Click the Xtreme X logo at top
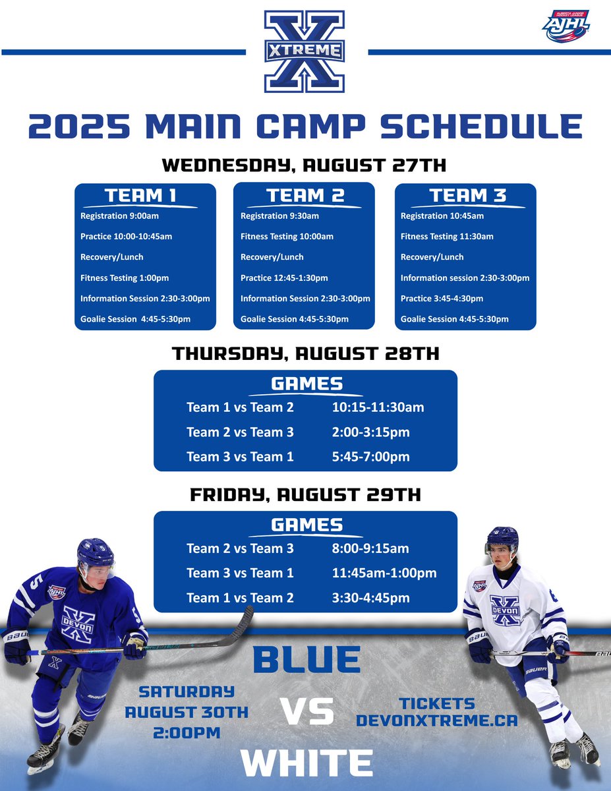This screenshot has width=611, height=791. tap(305, 51)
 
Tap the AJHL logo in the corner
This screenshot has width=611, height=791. tap(565, 26)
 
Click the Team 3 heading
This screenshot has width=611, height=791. tap(465, 196)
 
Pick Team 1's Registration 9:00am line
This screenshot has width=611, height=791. tap(119, 216)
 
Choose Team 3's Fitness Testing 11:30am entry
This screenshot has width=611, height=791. tap(447, 237)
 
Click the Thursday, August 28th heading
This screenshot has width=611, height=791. tap(305, 354)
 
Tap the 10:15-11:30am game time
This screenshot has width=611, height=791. tap(378, 407)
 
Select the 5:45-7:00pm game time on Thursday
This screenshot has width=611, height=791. tap(370, 457)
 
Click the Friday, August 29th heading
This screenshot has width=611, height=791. tap(305, 495)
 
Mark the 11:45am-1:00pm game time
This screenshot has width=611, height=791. tap(384, 573)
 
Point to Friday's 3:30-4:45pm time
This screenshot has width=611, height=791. tap(370, 599)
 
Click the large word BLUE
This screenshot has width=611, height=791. tap(306, 660)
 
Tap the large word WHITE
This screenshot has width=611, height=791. tap(306, 763)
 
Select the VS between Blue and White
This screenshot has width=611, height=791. tap(306, 713)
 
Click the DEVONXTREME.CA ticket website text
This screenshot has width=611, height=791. tap(436, 720)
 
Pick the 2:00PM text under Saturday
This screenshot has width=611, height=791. tap(187, 731)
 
